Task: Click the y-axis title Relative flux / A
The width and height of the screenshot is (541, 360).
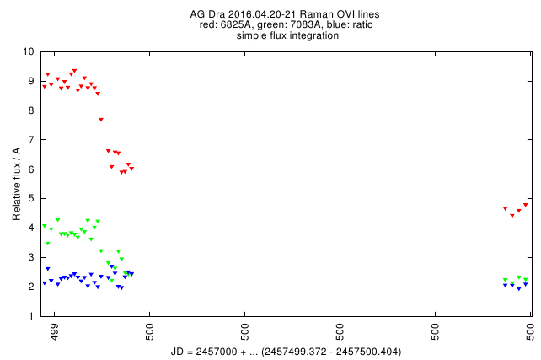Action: (x=17, y=183)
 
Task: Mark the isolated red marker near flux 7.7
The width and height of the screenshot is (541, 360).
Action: (x=101, y=120)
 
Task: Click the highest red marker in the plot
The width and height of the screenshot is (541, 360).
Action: (x=74, y=71)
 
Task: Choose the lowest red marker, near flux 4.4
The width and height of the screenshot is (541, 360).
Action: (x=512, y=216)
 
